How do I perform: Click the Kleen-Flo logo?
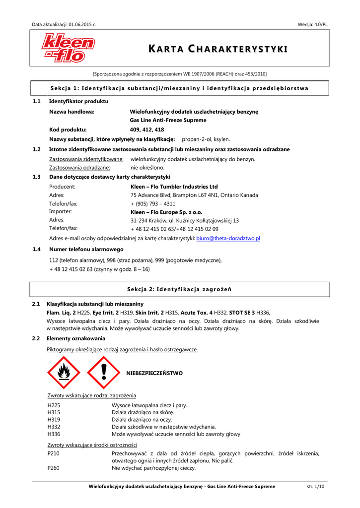tap(68, 48)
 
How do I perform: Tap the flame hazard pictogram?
tap(64, 372)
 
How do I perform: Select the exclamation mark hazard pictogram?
tap(103, 372)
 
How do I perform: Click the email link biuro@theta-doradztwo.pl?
tap(228, 239)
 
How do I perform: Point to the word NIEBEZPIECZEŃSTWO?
tap(154, 373)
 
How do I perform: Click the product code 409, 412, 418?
tap(146, 129)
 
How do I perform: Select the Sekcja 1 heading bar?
tap(180, 88)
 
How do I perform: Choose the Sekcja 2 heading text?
tap(180, 289)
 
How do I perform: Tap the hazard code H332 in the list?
tap(54, 427)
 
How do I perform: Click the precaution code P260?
tap(53, 468)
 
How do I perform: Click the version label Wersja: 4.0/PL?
tap(312, 24)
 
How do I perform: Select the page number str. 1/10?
tap(316, 487)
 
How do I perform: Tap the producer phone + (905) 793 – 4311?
tap(153, 204)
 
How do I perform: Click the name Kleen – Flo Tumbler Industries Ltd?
tap(174, 187)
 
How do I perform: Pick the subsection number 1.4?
tap(36, 249)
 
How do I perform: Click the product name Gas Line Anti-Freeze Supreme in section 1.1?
tap(168, 120)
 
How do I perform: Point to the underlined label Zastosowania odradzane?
tap(79, 168)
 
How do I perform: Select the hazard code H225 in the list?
tap(54, 405)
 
